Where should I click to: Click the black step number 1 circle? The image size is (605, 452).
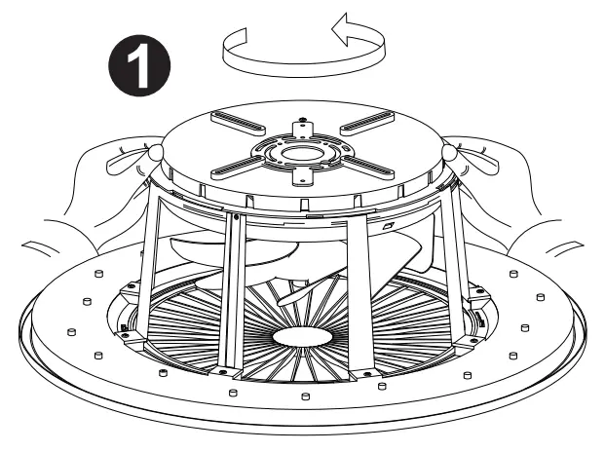[x=135, y=63]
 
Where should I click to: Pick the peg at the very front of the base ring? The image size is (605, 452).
[x=305, y=397]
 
